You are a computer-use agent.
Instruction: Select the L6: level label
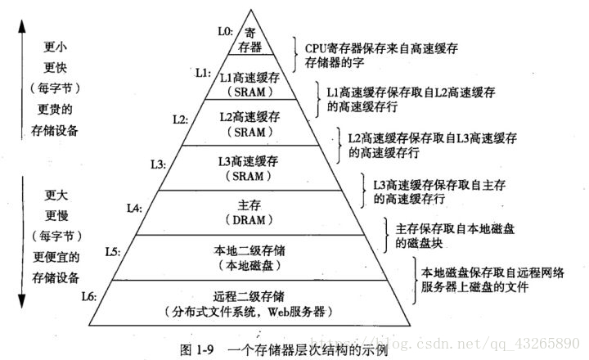coord(90,292)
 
